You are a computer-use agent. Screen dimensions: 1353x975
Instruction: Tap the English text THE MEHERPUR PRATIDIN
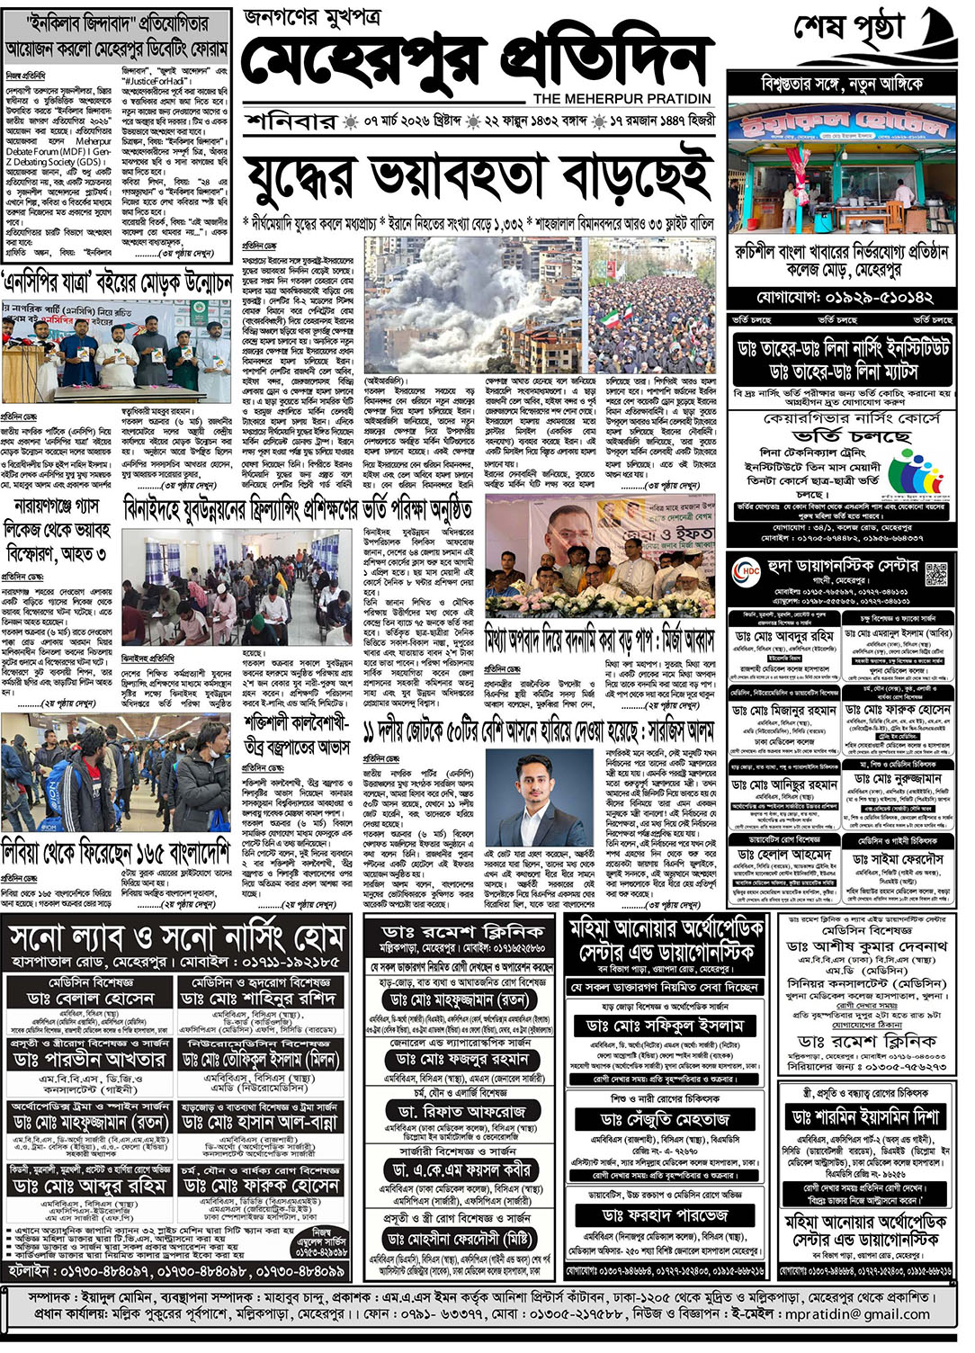coord(622,98)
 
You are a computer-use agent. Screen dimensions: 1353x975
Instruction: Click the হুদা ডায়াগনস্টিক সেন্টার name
coord(843,566)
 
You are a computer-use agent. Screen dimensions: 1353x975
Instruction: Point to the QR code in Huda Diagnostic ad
coord(936,573)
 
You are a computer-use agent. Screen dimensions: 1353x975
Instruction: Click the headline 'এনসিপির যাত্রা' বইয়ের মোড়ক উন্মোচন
coord(117,282)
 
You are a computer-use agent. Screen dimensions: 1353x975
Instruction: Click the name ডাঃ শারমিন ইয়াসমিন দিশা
coord(865,1116)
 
